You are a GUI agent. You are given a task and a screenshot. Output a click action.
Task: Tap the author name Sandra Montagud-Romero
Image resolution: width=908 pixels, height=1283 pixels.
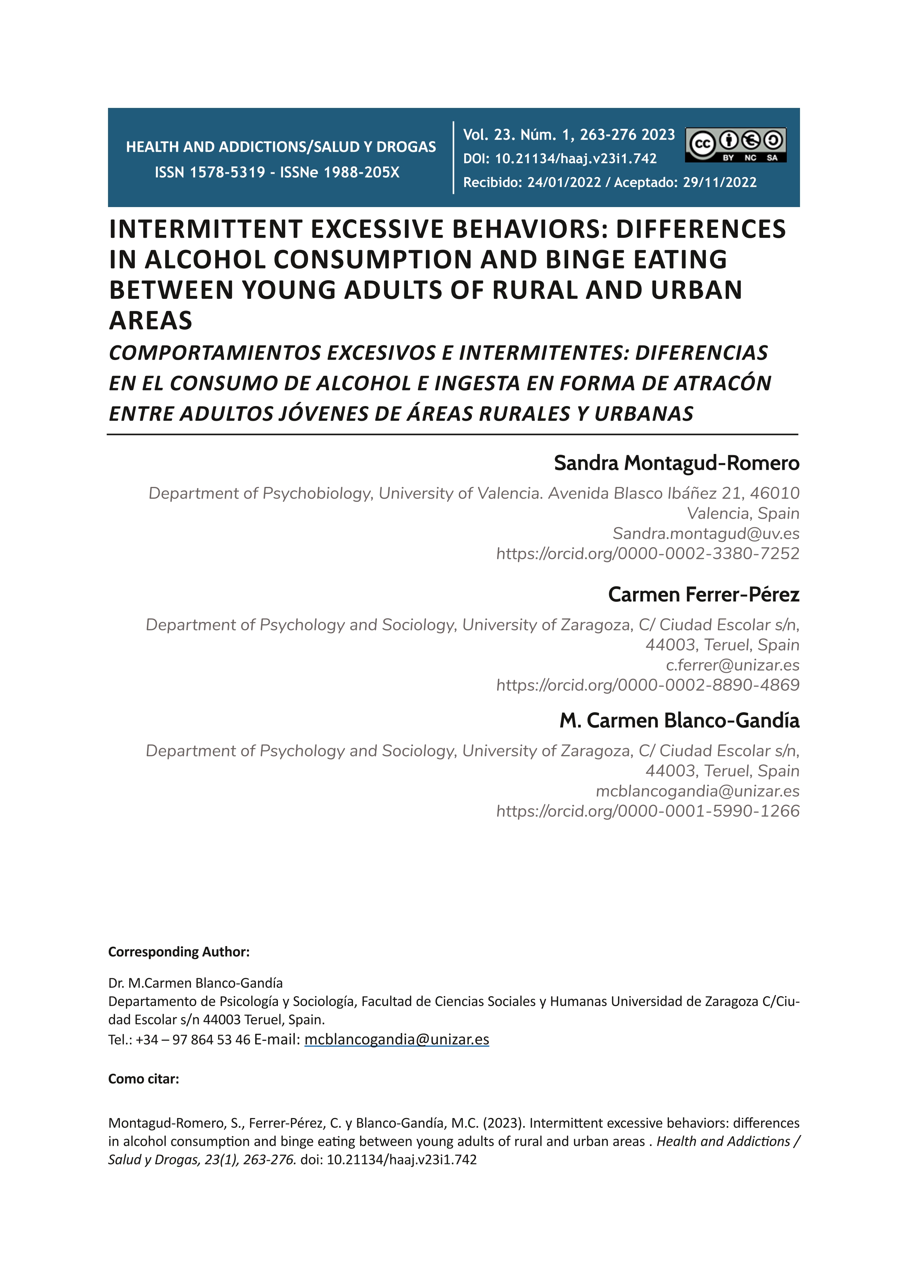(x=677, y=463)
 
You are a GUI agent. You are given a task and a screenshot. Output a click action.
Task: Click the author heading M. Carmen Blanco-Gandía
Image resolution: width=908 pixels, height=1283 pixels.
(x=679, y=721)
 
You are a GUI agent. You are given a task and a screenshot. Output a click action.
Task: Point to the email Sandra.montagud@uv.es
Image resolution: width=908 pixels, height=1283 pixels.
(x=706, y=534)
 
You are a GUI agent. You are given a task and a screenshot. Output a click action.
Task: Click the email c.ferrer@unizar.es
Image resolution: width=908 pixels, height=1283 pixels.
(x=732, y=665)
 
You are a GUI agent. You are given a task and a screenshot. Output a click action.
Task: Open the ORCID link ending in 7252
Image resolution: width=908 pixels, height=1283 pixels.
(x=647, y=554)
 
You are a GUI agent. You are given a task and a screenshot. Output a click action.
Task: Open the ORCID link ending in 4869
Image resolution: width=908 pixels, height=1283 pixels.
(x=647, y=685)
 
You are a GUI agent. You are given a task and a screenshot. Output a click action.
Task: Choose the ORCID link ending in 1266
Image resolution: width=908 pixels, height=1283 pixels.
(x=647, y=811)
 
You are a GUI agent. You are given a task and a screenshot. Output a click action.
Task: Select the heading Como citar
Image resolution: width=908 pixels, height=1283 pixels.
(x=144, y=1078)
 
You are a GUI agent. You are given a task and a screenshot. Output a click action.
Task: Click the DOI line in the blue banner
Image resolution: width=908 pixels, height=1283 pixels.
(x=560, y=159)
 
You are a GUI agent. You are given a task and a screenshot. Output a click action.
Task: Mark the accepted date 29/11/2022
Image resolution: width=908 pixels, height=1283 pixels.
(x=719, y=183)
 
